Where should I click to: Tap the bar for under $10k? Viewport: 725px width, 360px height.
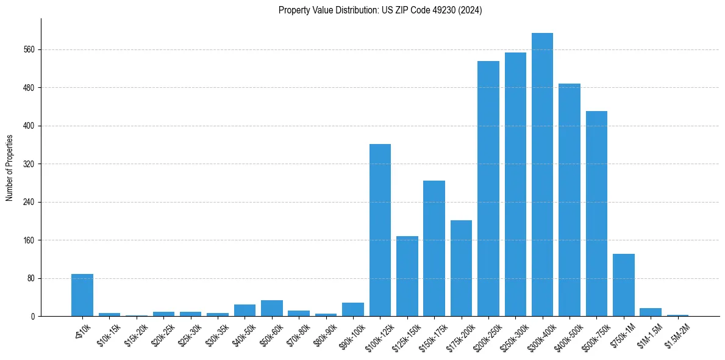point(82,295)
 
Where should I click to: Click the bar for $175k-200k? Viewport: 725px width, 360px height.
point(461,268)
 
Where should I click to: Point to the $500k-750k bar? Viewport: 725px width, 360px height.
point(596,214)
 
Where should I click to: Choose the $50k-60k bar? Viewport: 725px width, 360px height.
point(272,308)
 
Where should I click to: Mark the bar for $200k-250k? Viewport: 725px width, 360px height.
point(488,189)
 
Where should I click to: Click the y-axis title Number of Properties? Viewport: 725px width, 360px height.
point(9,168)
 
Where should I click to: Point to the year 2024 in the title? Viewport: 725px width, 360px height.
point(472,10)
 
